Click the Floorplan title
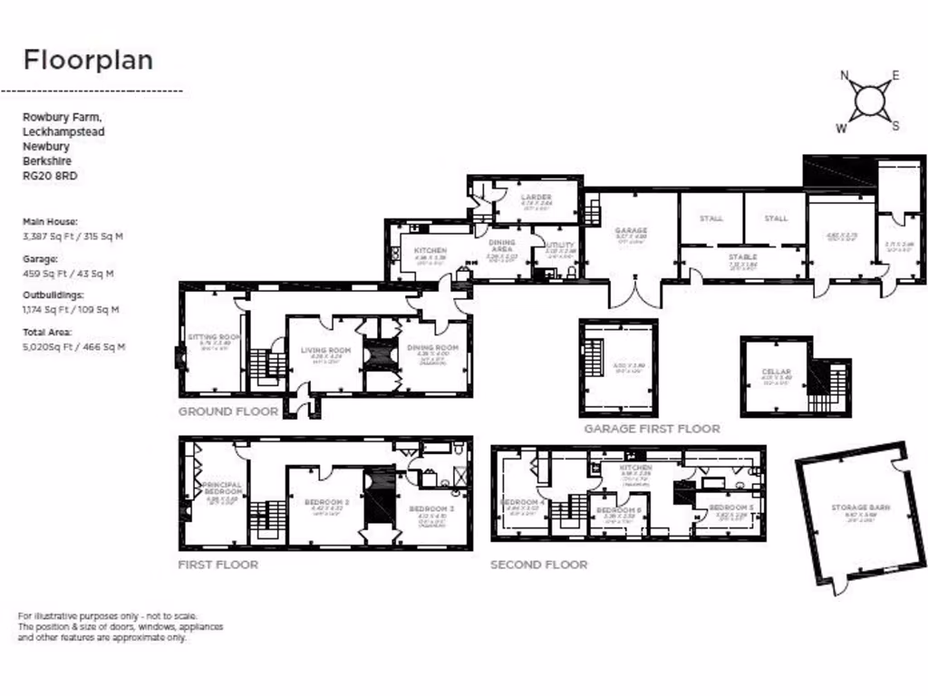88,61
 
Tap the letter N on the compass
846,76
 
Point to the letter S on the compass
895,126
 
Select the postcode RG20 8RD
49,176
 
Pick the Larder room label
536,198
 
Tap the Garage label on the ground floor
631,231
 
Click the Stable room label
742,257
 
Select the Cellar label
776,372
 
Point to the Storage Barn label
861,507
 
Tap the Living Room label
325,350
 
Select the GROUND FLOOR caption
227,411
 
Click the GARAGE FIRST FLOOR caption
652,429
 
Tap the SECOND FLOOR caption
538,565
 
